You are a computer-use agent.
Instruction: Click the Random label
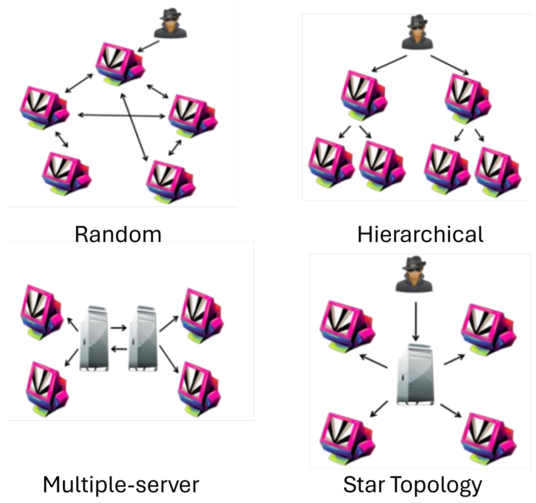point(118,234)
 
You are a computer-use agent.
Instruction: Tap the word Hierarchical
point(420,234)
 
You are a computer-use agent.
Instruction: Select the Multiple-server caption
point(121,484)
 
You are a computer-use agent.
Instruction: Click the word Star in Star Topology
point(364,484)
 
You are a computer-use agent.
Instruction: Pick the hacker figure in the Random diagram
point(170,24)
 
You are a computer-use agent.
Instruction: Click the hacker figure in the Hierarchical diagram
point(417,32)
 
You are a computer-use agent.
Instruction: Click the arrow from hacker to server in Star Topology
point(416,321)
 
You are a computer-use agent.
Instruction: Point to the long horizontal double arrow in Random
point(121,116)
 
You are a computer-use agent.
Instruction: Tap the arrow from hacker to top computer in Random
point(148,46)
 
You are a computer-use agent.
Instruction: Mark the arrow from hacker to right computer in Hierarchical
point(450,65)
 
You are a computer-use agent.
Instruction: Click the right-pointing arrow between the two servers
point(119,328)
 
